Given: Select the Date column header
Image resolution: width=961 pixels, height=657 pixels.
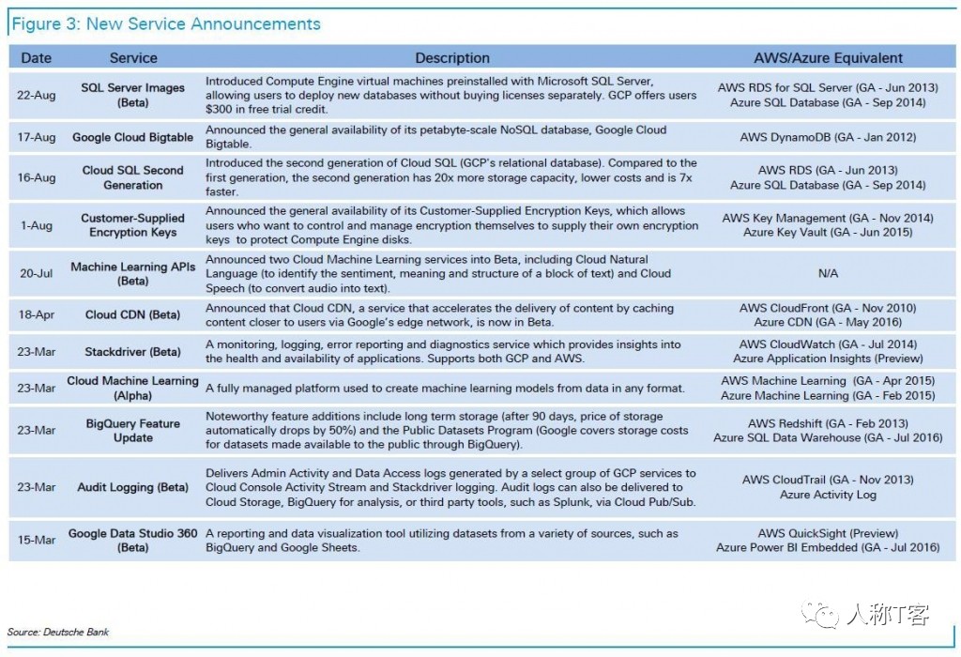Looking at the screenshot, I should click(x=37, y=58).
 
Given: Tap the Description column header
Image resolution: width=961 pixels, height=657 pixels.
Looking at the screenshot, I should click(x=452, y=58).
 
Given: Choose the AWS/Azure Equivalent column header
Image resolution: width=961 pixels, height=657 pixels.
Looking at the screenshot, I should click(x=828, y=58).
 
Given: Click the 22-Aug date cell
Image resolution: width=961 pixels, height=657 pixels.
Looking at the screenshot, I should click(x=37, y=95).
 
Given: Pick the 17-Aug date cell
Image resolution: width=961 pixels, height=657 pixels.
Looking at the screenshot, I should click(x=37, y=137).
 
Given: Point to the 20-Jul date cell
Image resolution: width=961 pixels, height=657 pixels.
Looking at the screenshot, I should click(x=37, y=273).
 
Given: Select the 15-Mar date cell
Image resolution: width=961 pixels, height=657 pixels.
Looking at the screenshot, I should click(x=37, y=541).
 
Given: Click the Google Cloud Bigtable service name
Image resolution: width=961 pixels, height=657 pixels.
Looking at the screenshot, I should click(x=133, y=137).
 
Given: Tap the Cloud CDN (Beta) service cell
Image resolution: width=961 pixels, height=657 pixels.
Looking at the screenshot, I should click(x=133, y=314).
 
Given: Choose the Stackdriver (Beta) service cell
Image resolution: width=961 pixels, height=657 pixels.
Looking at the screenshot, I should click(x=133, y=352).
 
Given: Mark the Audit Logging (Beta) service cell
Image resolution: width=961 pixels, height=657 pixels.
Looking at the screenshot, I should click(x=133, y=487).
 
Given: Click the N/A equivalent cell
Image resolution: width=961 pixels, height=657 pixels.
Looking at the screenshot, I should click(x=828, y=273).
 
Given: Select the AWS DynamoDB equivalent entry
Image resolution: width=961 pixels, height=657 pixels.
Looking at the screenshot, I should click(x=828, y=137).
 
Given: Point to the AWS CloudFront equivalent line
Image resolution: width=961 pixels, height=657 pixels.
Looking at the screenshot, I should click(x=828, y=308).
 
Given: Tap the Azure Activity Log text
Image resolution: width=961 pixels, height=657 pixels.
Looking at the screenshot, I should click(x=828, y=495).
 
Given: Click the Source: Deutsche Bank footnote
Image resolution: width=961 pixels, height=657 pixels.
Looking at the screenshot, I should click(x=58, y=632).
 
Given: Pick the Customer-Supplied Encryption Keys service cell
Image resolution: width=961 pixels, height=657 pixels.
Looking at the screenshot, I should click(x=133, y=225).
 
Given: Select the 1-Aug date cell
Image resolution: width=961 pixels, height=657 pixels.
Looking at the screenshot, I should click(x=37, y=225).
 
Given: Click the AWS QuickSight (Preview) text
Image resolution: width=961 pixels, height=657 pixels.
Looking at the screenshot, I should click(x=828, y=534).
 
